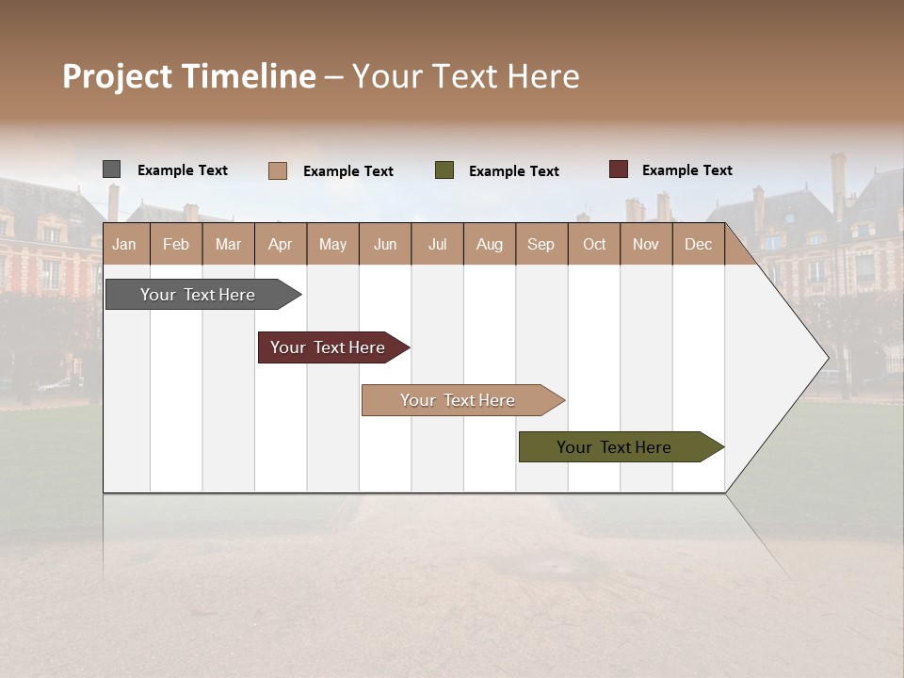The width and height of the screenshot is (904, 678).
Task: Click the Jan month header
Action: tap(124, 245)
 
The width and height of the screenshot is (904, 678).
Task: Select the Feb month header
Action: tap(176, 245)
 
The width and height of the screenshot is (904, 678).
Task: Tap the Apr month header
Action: tap(280, 245)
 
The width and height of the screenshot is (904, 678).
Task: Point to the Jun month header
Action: tap(385, 245)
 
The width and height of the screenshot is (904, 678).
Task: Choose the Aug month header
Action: tap(489, 245)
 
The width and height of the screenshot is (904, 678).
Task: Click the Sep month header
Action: tap(541, 245)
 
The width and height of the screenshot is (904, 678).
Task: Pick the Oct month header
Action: tap(594, 245)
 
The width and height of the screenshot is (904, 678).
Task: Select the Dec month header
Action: tap(698, 245)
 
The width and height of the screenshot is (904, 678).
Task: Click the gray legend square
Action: tap(111, 169)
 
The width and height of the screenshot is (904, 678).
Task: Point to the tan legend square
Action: tap(277, 170)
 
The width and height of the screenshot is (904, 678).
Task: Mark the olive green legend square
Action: tap(444, 170)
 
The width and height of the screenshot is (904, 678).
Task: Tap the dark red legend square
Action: tap(618, 169)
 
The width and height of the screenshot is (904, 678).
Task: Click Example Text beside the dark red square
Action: tap(686, 170)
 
